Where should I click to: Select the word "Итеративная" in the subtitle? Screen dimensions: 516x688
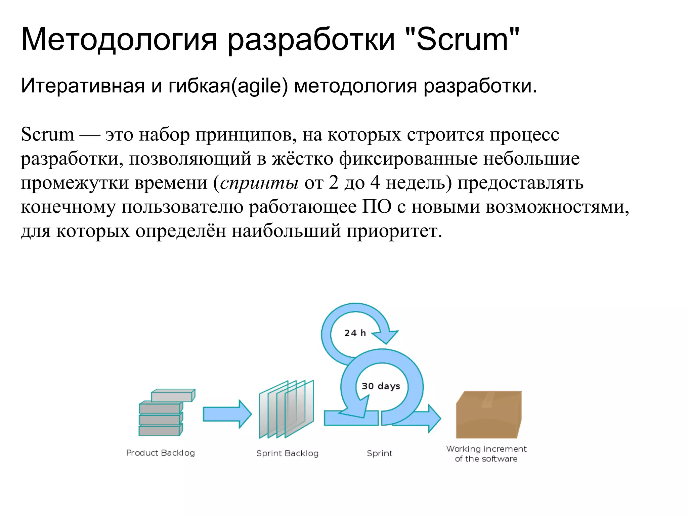coord(83,86)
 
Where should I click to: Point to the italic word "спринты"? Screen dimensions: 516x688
coord(259,183)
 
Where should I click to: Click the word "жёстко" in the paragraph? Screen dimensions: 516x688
coord(302,159)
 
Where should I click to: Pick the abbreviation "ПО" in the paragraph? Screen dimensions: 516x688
coord(377,207)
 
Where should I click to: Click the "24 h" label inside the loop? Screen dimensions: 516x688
coord(355,333)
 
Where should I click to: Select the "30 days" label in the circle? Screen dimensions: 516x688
coord(381,386)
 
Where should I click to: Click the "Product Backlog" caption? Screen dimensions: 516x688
coord(160,453)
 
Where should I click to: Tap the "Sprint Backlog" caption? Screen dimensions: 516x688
coord(287,453)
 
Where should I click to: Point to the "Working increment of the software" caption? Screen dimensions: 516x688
coord(486,454)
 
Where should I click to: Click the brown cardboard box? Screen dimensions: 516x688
coord(488,415)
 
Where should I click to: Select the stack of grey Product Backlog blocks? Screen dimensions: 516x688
coord(165,413)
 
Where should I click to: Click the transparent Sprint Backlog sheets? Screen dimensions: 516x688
coord(286,410)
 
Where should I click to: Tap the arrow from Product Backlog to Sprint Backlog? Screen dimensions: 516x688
coord(227,414)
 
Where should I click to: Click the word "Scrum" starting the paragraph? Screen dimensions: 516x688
coord(47,134)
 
